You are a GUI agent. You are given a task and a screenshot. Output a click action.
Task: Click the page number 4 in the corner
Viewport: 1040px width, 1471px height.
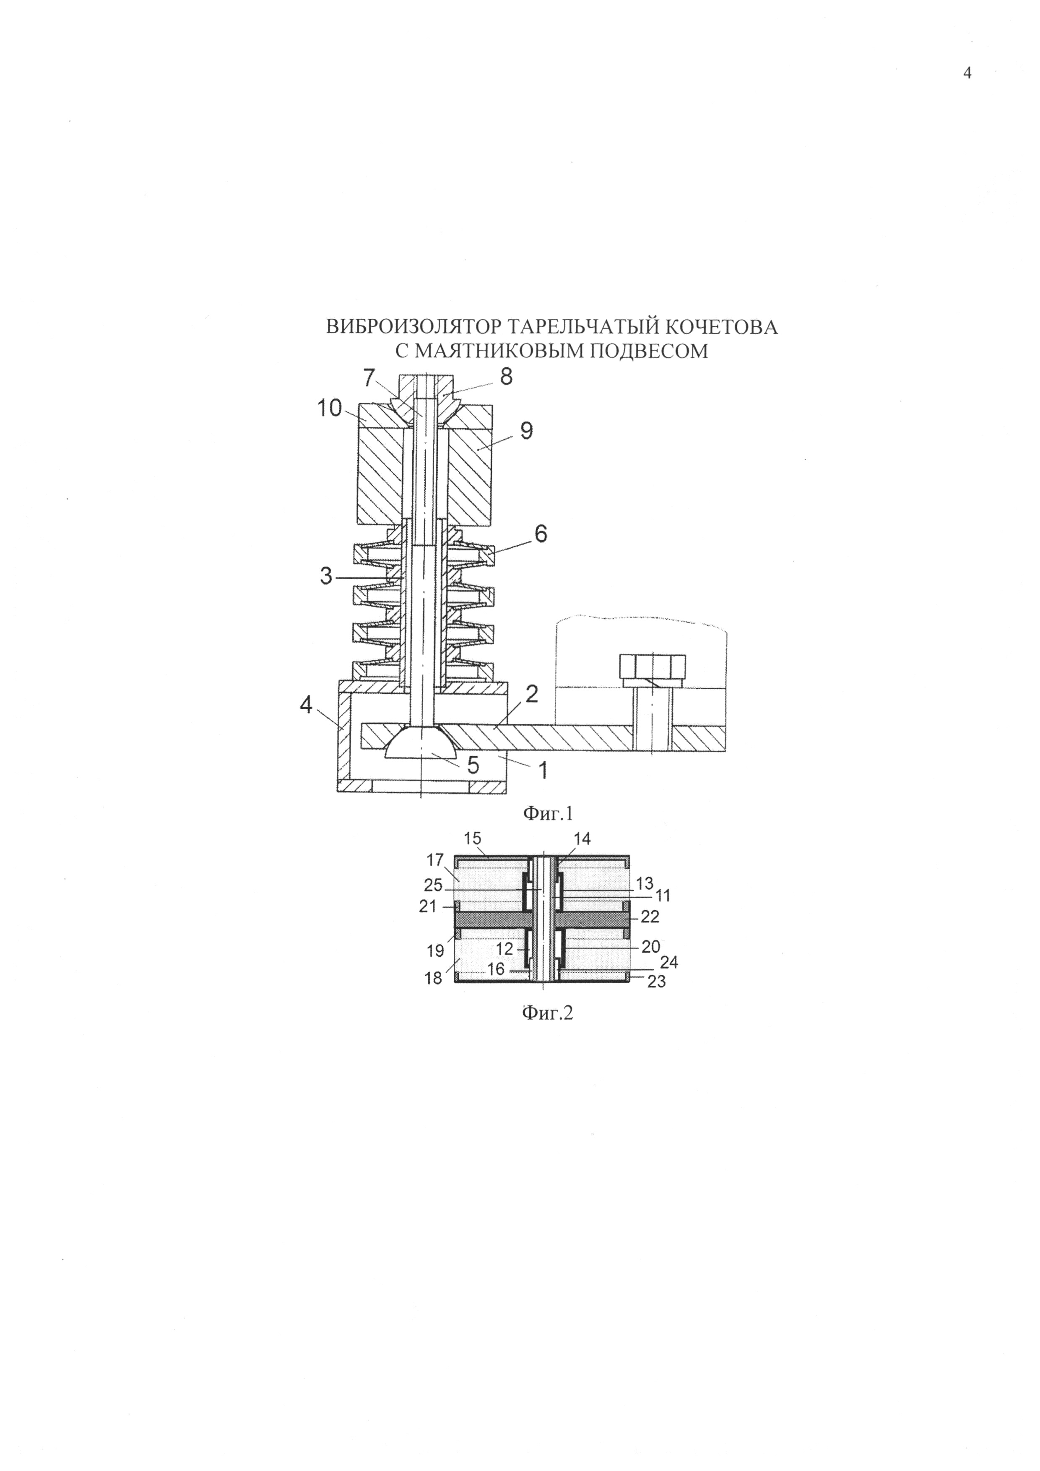(x=967, y=74)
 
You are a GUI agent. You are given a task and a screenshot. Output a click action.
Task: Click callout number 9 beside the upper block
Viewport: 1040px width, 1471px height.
(x=526, y=431)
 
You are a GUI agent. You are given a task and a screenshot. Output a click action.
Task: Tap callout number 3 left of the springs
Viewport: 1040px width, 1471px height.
(x=327, y=577)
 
